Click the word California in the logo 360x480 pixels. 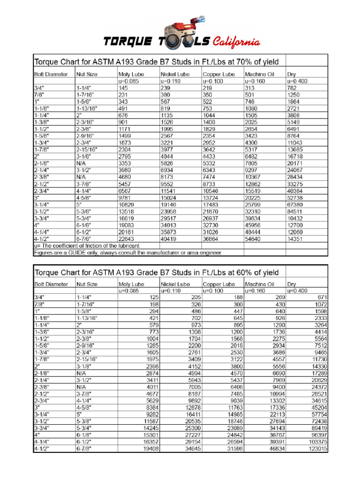tap(236, 43)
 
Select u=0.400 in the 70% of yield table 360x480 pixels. tap(298, 81)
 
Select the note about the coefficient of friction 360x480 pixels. tap(87, 245)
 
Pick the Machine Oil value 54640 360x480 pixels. tap(254, 238)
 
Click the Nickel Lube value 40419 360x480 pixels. tap(170, 238)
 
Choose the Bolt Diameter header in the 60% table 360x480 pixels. tap(51, 284)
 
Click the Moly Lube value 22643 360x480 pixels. tap(127, 238)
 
